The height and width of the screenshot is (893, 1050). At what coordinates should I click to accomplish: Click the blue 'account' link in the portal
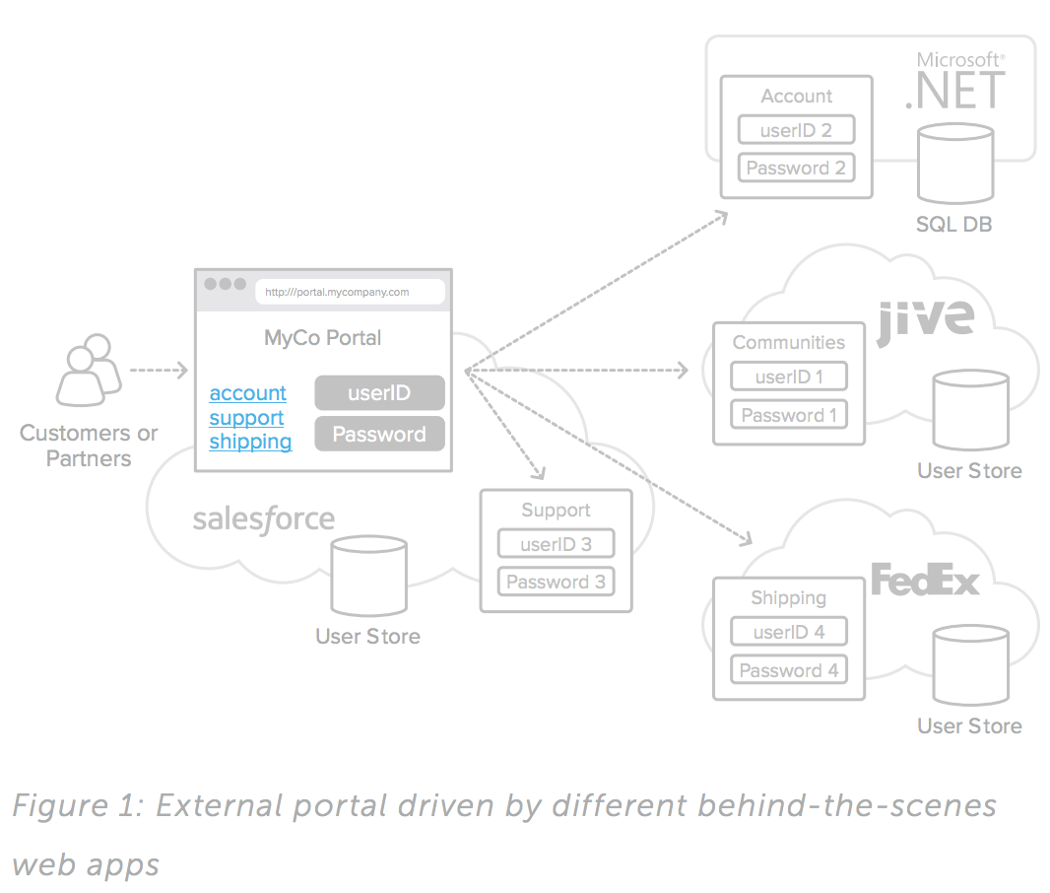247,393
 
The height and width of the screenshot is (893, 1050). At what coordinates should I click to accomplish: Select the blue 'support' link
246,418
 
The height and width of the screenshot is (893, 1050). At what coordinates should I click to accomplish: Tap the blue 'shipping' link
250,442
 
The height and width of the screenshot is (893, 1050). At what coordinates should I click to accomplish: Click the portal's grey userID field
379,393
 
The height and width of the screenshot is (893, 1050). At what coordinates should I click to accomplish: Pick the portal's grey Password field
379,435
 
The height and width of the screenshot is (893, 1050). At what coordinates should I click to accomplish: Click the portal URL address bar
350,292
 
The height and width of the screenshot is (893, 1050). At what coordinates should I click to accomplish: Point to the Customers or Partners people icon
88,372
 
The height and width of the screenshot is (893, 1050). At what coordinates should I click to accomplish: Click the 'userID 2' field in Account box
796,130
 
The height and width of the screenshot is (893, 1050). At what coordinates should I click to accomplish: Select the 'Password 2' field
796,168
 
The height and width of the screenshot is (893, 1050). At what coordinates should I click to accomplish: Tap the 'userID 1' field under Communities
789,377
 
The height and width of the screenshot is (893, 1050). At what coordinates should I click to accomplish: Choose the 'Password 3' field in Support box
556,582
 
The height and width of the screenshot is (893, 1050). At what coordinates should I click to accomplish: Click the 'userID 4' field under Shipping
788,632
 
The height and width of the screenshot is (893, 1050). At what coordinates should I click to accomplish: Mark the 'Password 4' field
788,670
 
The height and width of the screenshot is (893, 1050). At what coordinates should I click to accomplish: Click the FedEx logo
925,580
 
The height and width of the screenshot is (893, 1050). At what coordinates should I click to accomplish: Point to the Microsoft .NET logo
955,81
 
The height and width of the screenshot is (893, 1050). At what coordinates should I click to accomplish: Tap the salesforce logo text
263,519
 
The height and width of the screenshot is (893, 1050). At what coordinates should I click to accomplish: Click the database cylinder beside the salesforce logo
368,577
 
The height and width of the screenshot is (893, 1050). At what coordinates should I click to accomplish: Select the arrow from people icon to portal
158,371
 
